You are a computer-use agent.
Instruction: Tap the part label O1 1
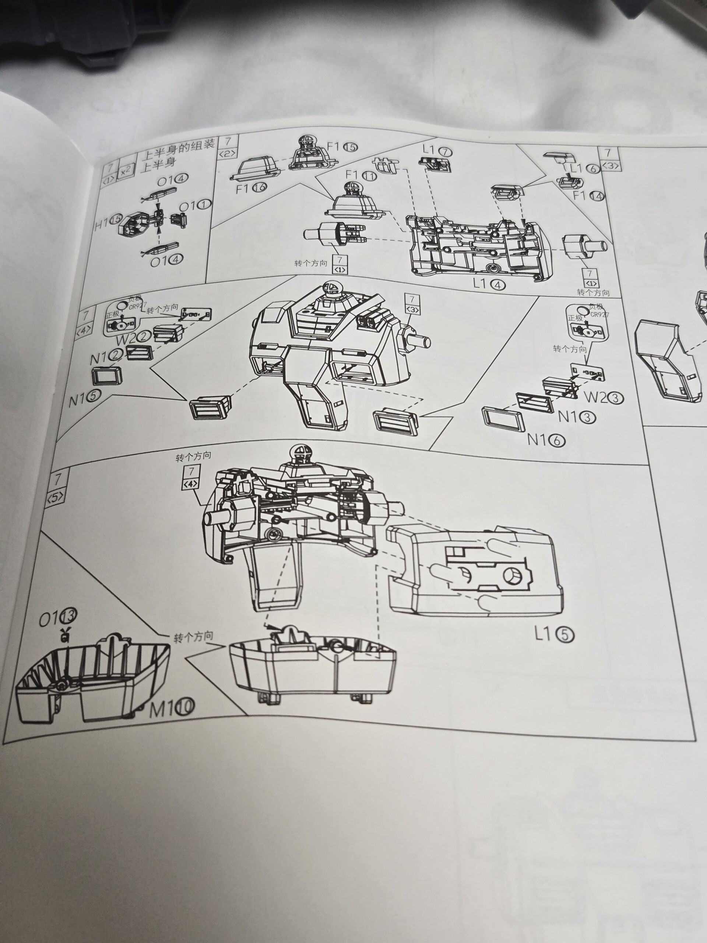coord(194,206)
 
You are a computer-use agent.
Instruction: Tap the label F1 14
coord(588,196)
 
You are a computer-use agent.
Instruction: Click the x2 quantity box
coord(125,171)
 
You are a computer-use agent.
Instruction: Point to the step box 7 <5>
coord(56,485)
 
